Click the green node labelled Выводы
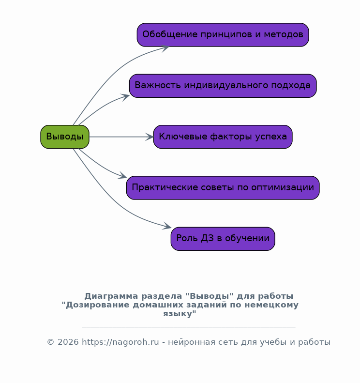[x=65, y=137]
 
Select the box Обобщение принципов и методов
[x=223, y=35]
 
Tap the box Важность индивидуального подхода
[x=223, y=86]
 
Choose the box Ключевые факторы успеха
[x=223, y=137]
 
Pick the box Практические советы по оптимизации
[x=223, y=187]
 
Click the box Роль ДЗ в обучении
[x=223, y=239]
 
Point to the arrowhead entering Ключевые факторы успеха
[x=150, y=137]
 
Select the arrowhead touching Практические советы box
[x=122, y=175]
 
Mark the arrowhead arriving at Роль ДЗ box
[x=167, y=226]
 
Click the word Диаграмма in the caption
[x=111, y=296]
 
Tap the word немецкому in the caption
[x=271, y=305]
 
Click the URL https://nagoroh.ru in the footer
[x=120, y=342]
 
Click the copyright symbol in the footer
[x=50, y=342]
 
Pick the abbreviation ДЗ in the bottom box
[x=207, y=238]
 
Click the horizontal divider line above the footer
[x=189, y=326]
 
